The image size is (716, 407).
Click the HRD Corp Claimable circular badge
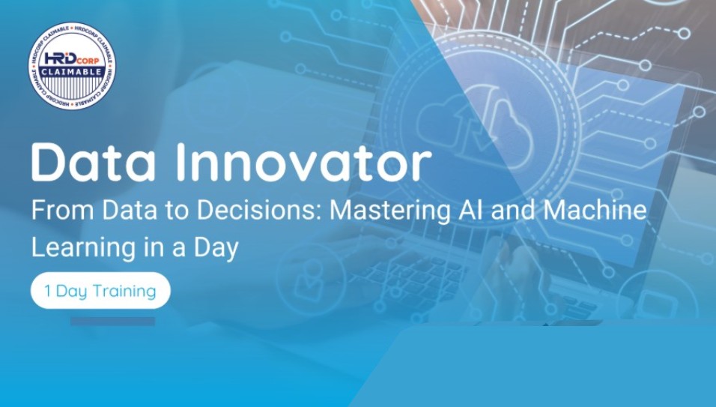(x=72, y=66)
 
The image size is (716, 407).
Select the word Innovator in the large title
(x=303, y=163)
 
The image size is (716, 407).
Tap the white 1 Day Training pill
(x=100, y=291)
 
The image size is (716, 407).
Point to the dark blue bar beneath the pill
(x=113, y=322)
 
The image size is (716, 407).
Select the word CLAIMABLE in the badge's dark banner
(x=72, y=72)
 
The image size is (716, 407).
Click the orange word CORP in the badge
(x=88, y=61)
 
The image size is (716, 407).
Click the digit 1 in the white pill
(x=48, y=291)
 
